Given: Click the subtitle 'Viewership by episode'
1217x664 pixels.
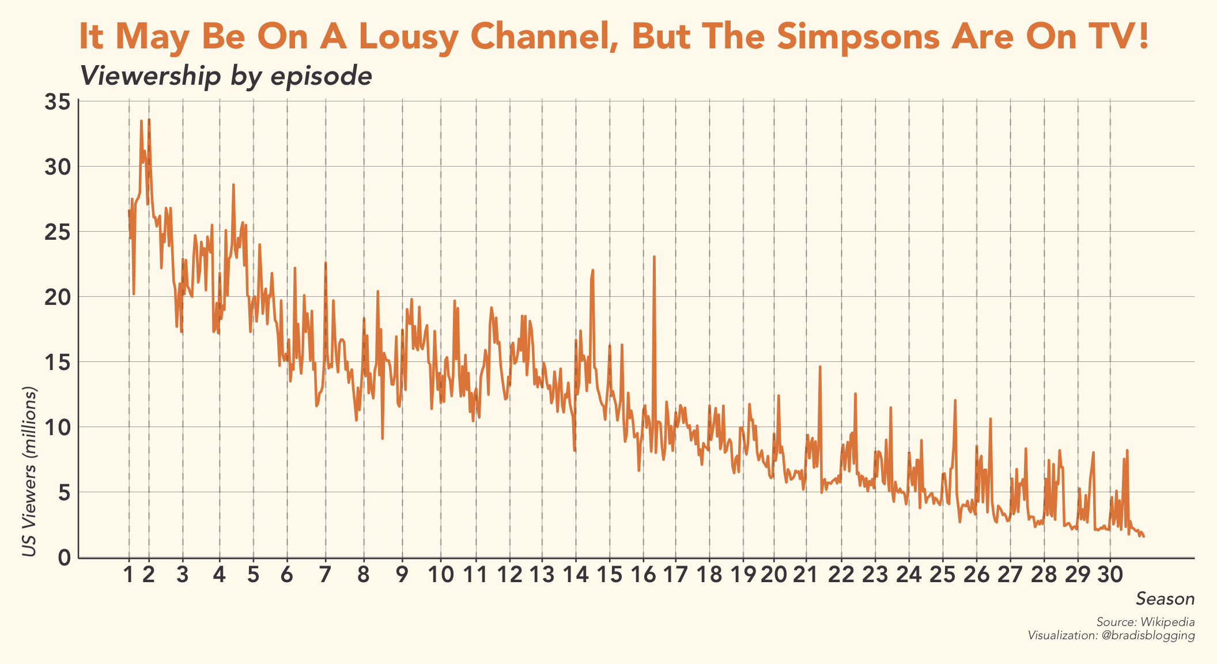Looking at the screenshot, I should coord(226,76).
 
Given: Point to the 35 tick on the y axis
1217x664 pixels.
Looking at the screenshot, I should coord(58,102).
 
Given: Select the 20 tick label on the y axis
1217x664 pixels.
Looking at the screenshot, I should coord(58,297).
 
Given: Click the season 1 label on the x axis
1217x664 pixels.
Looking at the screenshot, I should coord(128,575).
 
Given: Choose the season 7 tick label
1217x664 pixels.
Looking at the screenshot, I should coord(326,575).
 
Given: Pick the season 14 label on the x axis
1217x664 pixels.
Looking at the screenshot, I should coord(576,575).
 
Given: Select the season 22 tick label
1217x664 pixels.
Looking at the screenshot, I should coord(842,575).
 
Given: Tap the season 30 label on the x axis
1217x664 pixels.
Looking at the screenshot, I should coord(1110,575).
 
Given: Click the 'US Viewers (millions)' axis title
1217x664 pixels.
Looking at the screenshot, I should coord(29,471).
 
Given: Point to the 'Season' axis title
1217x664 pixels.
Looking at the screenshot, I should coord(1165,599).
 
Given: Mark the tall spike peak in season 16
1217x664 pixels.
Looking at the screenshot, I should coord(654,256).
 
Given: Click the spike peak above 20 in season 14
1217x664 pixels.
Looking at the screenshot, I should coord(592,270).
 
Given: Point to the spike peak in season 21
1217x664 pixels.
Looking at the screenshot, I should coord(819,367).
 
